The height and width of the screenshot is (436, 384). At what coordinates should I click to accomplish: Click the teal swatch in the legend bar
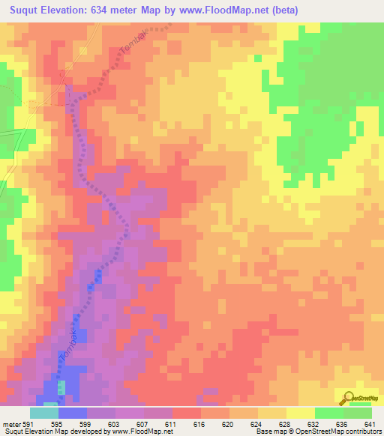43,413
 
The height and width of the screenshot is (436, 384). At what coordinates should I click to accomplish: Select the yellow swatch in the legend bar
300,413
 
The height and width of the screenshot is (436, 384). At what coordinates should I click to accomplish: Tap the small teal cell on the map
62,387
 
